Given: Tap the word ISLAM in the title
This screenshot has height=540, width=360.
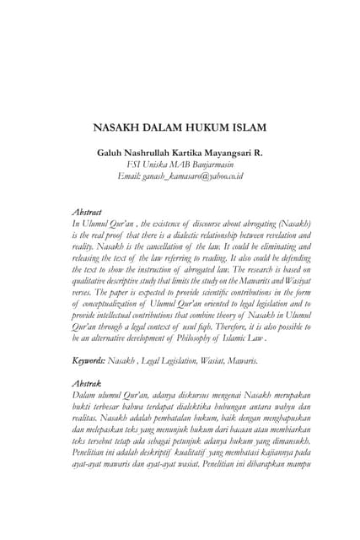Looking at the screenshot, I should point(248,128).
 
